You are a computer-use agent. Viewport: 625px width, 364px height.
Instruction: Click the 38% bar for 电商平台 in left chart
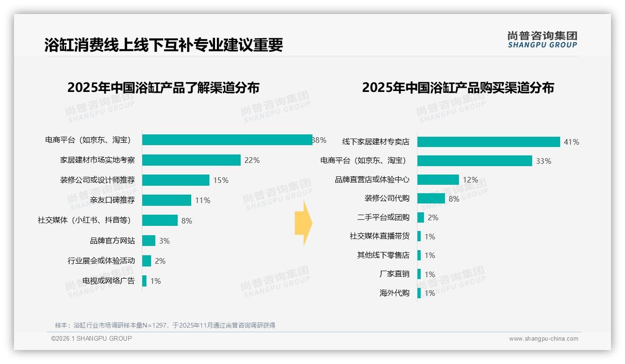227,140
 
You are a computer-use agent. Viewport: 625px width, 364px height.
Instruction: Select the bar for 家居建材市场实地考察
191,160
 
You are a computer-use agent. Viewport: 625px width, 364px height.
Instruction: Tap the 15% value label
221,181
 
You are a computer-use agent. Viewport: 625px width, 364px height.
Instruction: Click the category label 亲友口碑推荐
112,200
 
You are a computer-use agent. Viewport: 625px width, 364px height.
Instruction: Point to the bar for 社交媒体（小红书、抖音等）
160,220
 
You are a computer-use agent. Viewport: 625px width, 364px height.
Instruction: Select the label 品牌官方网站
112,241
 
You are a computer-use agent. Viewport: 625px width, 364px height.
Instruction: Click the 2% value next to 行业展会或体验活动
160,261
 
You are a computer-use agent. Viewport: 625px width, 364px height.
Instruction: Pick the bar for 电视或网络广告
145,281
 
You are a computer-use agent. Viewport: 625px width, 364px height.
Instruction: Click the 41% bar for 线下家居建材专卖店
488,142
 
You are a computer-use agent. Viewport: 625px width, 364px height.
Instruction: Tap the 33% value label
543,161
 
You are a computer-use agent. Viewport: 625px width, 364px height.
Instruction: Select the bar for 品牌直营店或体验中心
438,180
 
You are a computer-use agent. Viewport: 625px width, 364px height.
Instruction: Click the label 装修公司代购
387,198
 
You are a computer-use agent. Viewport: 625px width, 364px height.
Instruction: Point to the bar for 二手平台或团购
421,217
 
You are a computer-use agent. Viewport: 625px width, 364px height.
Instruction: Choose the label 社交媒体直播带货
379,236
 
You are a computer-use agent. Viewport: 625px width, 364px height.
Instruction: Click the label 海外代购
394,293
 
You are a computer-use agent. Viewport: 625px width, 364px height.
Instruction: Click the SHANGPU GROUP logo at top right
542,40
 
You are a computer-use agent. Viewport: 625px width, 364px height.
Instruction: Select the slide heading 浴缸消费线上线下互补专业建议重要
164,45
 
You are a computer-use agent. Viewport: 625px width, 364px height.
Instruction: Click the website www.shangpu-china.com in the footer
543,339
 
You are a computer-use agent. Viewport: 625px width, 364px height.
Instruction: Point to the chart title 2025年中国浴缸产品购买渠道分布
458,88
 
